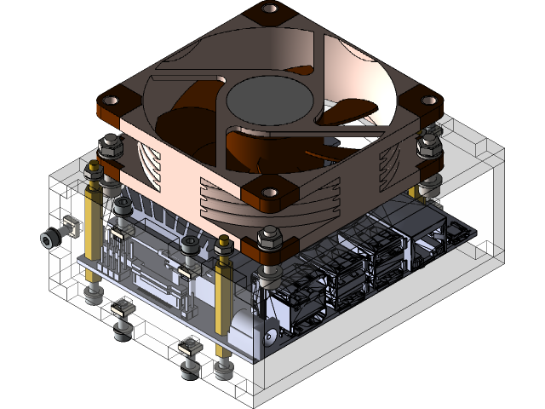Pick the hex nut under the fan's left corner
click(110, 149)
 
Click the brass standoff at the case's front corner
click(224, 290)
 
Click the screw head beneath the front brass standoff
click(224, 372)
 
